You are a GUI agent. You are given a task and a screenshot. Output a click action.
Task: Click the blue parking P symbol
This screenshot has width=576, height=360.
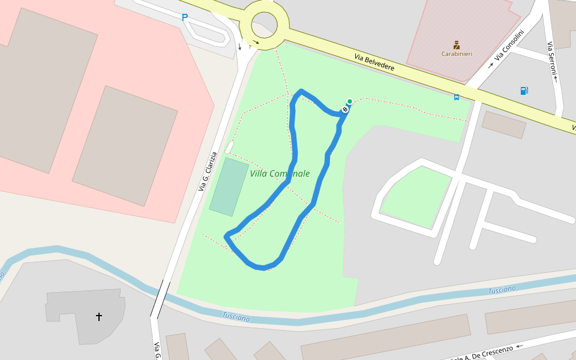185,18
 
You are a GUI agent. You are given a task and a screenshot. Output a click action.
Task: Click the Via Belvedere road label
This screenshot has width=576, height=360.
374,62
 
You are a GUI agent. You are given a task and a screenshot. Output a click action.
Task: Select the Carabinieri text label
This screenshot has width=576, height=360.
457,54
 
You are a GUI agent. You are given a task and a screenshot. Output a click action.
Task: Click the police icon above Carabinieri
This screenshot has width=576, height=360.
457,44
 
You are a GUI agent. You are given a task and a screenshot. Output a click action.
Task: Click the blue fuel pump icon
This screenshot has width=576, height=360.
524,91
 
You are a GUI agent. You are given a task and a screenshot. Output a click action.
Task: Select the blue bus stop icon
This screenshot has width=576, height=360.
457,97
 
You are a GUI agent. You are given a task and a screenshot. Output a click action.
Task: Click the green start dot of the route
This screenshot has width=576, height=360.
350,101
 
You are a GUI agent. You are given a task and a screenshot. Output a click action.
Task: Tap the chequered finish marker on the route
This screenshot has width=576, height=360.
346,109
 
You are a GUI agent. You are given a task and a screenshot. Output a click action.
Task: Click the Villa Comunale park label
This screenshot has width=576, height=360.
280,174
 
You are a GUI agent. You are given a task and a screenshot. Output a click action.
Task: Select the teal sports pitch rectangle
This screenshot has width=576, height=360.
229,187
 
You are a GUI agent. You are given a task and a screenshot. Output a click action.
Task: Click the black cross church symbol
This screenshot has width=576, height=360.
99,316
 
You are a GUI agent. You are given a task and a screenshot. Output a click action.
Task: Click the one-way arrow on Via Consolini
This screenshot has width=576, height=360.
490,65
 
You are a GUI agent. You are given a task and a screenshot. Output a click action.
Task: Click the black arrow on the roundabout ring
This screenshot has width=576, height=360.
256,42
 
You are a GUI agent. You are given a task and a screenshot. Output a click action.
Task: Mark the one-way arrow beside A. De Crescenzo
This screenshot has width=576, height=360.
520,346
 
